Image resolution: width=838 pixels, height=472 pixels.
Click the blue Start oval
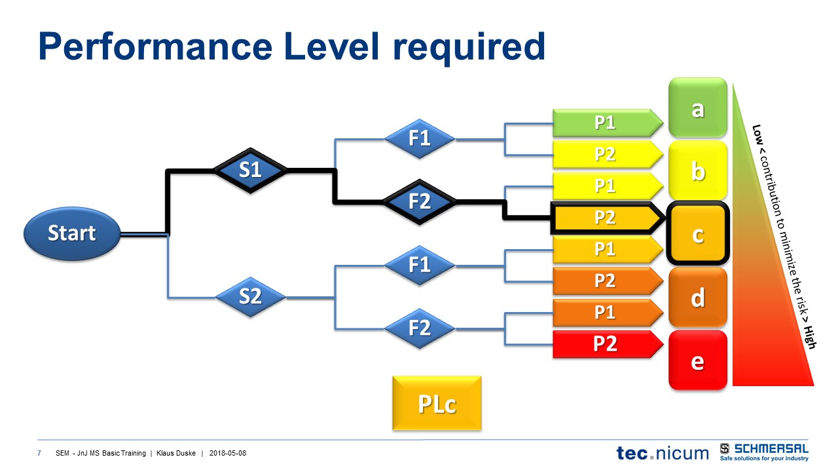(x=72, y=233)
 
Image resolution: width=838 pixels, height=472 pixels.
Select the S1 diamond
(x=250, y=170)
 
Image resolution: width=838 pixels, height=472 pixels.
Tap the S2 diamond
(x=250, y=297)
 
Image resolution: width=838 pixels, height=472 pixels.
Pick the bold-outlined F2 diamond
(x=419, y=202)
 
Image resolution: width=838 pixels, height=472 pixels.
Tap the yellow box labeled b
(x=698, y=172)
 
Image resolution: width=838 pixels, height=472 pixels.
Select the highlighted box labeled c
(x=698, y=234)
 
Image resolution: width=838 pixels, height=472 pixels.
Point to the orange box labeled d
(x=698, y=298)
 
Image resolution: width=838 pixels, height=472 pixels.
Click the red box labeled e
(x=698, y=361)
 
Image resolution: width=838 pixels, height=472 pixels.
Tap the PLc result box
(x=437, y=404)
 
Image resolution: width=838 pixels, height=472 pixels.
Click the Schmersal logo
(x=764, y=452)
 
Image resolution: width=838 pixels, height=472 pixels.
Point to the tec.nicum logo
(x=662, y=452)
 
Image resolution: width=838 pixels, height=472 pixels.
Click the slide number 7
(x=40, y=453)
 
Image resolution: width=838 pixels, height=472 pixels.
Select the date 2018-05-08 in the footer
(x=228, y=453)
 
